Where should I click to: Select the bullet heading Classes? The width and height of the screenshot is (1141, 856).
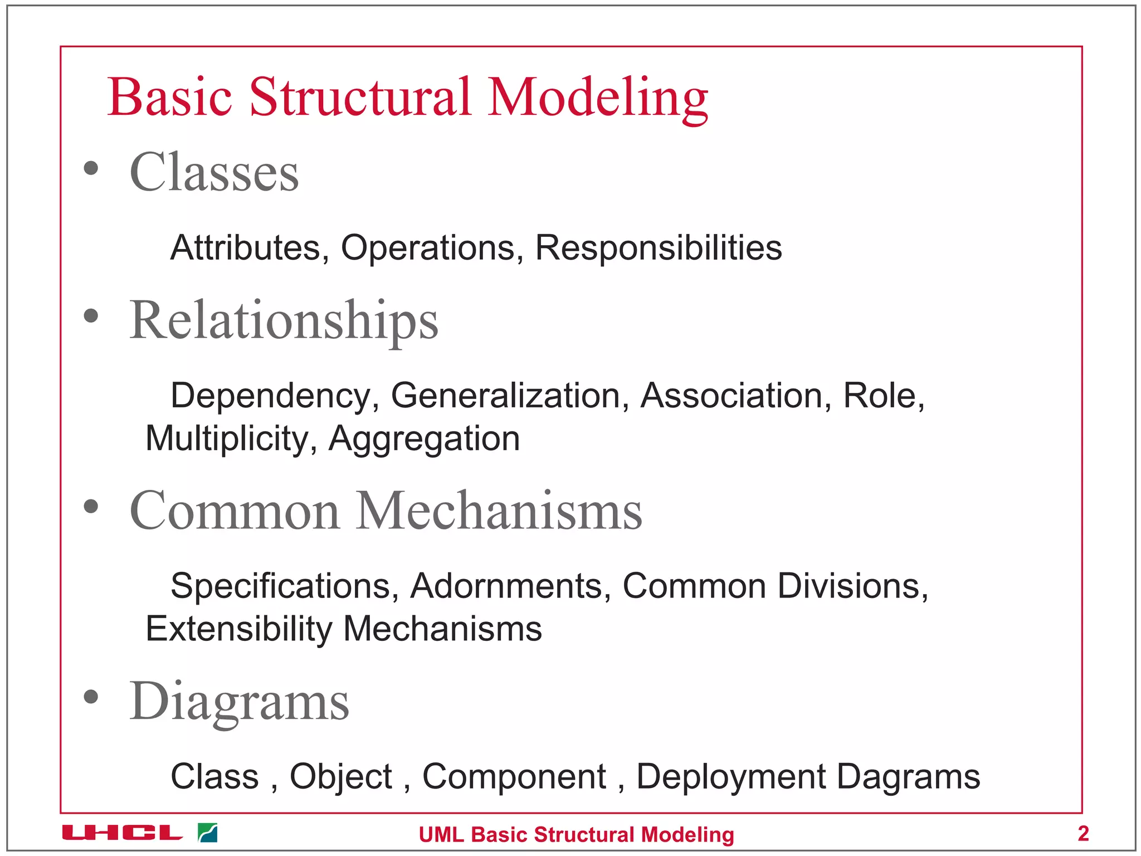click(214, 172)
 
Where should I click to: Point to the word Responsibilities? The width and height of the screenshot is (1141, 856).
click(659, 247)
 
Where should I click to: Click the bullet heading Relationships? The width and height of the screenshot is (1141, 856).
click(284, 320)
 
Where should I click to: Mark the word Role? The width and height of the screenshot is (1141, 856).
click(884, 396)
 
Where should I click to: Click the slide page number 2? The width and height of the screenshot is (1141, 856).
click(1083, 833)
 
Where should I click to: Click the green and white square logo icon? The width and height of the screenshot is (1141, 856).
click(208, 833)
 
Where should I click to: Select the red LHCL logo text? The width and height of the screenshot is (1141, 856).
click(122, 833)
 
